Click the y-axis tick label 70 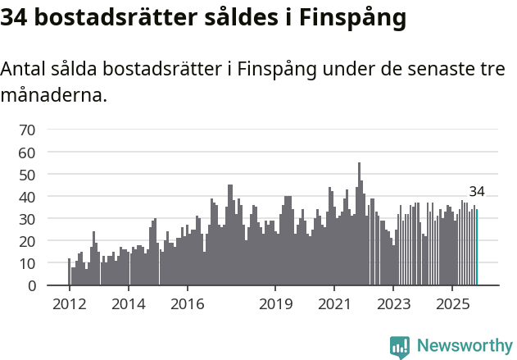(x=27, y=130)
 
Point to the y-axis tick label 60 (x=27, y=153)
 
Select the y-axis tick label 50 (x=27, y=175)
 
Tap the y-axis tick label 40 (x=27, y=197)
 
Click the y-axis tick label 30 (x=27, y=219)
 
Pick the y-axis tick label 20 (x=27, y=242)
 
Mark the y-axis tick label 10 (x=27, y=264)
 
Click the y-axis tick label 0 (x=31, y=286)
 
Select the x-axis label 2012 (x=69, y=303)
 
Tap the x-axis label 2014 (x=128, y=303)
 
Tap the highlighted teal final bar (x=477, y=248)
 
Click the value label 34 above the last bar (x=477, y=192)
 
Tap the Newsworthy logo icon (x=400, y=347)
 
